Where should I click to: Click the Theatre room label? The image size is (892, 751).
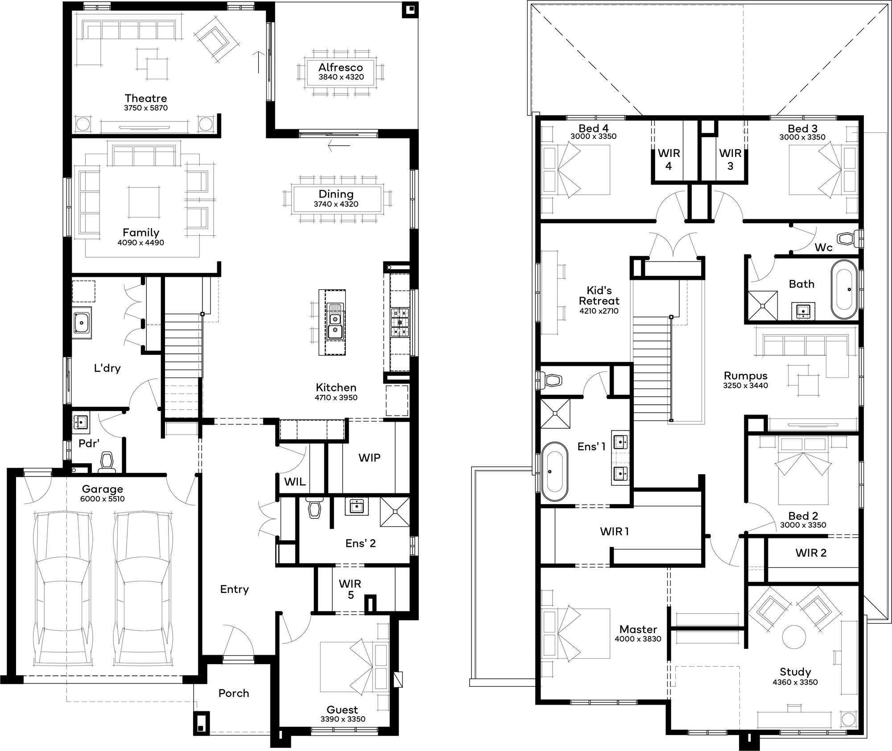click(x=146, y=98)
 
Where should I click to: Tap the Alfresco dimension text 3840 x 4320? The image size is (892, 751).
click(x=341, y=77)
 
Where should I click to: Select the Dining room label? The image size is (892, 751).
click(x=336, y=194)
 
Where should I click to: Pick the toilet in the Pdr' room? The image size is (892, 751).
click(x=107, y=462)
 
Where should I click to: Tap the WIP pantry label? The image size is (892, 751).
click(x=369, y=458)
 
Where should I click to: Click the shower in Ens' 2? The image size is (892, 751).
click(x=394, y=512)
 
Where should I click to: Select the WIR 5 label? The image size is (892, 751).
click(x=350, y=589)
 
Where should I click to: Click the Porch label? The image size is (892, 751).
click(x=234, y=693)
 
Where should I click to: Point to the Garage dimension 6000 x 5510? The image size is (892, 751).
click(x=102, y=499)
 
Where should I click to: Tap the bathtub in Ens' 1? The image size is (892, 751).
click(x=555, y=471)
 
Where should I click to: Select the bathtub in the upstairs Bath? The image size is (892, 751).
click(x=843, y=289)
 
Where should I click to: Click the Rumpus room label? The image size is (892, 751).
click(x=745, y=376)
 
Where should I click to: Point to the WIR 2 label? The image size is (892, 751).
click(x=811, y=553)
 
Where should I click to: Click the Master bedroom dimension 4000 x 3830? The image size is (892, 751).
click(x=638, y=639)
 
